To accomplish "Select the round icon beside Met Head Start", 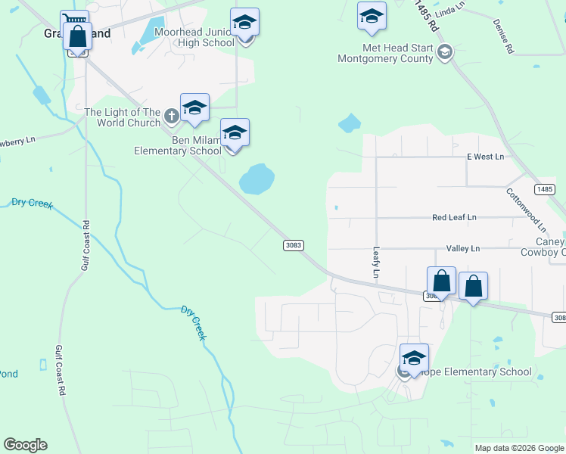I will point(445,51).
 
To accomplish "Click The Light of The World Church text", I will point(122,117).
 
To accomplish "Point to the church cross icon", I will point(172,117).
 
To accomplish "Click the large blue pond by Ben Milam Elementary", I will point(257,179).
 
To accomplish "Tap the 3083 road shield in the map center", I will point(294,245).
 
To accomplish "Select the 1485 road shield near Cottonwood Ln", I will point(544,188).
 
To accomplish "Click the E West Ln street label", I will point(485,157).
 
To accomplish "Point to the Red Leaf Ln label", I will point(454,217).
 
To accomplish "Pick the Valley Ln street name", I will point(463,248).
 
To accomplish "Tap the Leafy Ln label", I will point(375,261).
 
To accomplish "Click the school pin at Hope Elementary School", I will point(414,357).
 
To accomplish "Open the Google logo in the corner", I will point(25,445).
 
